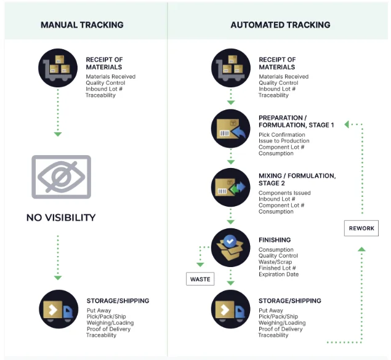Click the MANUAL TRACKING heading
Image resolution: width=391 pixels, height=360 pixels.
coord(82,25)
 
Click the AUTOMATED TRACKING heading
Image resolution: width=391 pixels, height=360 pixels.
coord(280,25)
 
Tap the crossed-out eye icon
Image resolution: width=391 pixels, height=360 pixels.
coord(62,177)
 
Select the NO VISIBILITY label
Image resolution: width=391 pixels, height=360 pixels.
coord(61,218)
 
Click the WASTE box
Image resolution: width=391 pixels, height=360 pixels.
coord(200,279)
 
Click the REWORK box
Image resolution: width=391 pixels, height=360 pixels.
coord(361,229)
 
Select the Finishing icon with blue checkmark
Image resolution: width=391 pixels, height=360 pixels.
coord(230,247)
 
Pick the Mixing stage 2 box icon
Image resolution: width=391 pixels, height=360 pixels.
coord(230,188)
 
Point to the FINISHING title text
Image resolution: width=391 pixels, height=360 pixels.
coord(275,240)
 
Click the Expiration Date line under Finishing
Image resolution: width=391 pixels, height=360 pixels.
coord(279,274)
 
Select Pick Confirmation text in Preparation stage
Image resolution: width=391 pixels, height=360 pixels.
coord(283,135)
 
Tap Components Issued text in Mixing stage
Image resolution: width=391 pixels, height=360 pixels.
coord(284,193)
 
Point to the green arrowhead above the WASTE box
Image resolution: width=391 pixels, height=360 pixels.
coord(200,265)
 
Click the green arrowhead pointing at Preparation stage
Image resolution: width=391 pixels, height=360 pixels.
coord(347,124)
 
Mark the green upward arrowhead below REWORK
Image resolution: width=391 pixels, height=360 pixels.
coord(361,249)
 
